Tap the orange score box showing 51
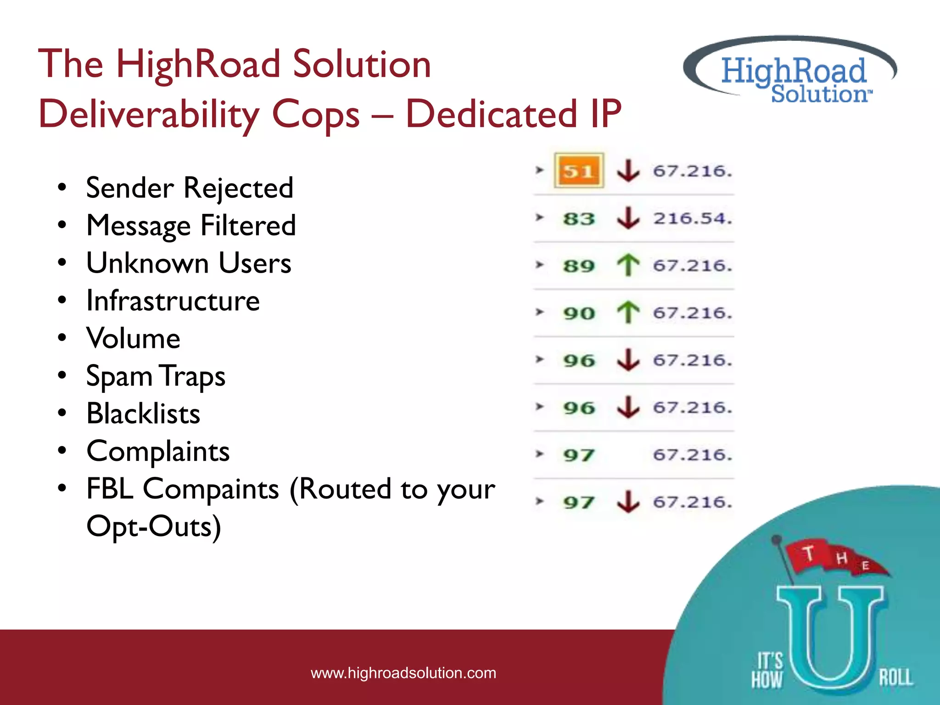pos(578,171)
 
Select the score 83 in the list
pos(579,218)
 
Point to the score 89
pos(579,266)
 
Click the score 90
pos(579,313)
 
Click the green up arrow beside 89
pos(628,265)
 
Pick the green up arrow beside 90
pos(628,313)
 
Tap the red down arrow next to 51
pos(628,170)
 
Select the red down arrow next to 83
pos(628,218)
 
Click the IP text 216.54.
pos(692,218)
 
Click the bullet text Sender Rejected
pos(190,188)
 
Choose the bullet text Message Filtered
pos(191,225)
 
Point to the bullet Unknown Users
pos(189,263)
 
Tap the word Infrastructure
pos(173,301)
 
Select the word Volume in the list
pos(133,338)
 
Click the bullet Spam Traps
pos(156,376)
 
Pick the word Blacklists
pos(143,414)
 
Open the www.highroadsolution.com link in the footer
pos(403,673)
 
